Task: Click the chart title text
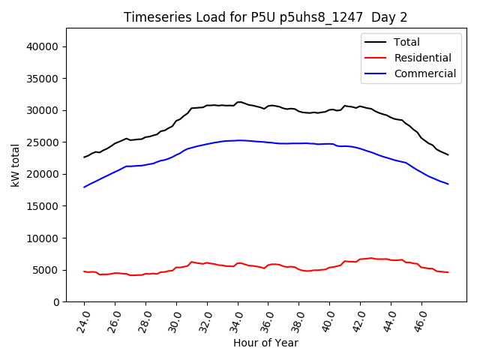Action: [x=265, y=17]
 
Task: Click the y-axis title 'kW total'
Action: [x=16, y=165]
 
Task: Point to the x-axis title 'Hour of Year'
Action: [x=265, y=343]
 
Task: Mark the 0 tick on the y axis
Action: [x=56, y=301]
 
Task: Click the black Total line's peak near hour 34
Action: [x=238, y=102]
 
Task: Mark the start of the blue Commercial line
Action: [x=84, y=187]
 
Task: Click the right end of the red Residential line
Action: [x=448, y=272]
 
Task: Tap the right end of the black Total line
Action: [x=448, y=154]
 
